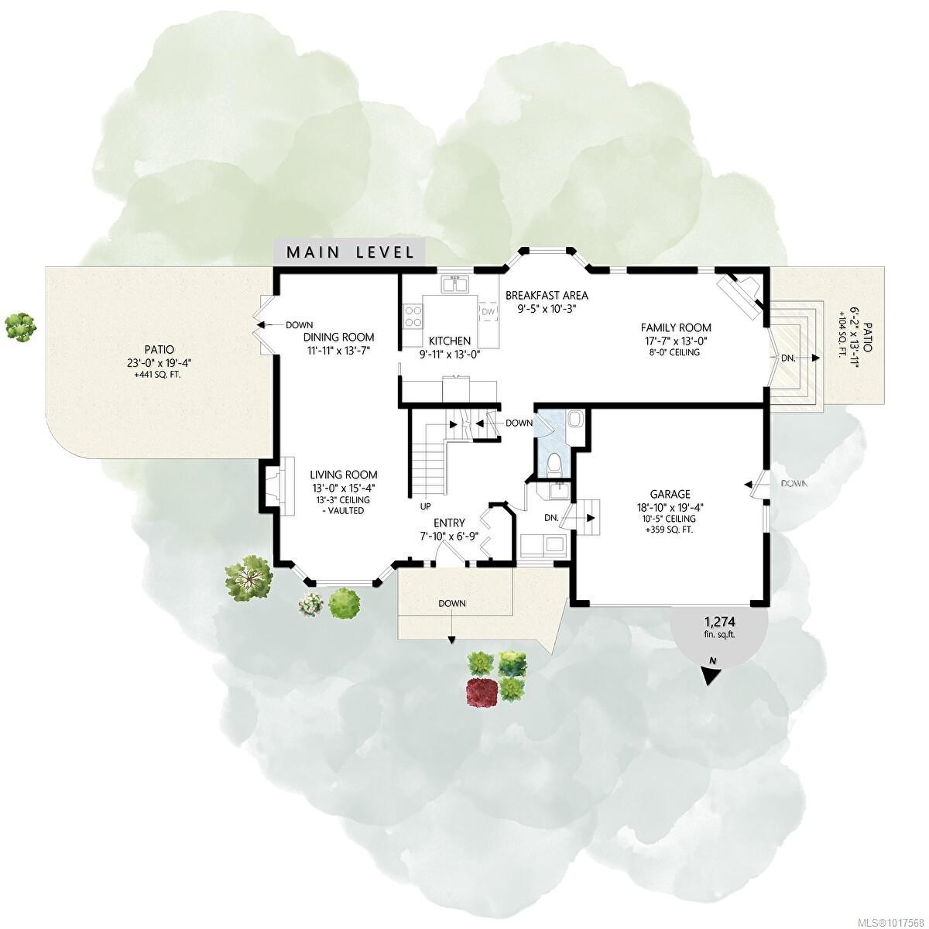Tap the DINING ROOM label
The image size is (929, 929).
[338, 337]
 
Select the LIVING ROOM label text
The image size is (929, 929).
[344, 475]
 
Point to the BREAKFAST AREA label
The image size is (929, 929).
[547, 295]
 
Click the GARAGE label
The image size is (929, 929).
[670, 494]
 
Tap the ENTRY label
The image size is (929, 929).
[449, 523]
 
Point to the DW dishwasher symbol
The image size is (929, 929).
[488, 311]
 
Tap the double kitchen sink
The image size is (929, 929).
[454, 285]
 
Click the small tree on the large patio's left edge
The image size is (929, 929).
[20, 326]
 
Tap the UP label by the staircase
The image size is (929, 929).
[426, 506]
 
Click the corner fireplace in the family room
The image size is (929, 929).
[742, 296]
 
